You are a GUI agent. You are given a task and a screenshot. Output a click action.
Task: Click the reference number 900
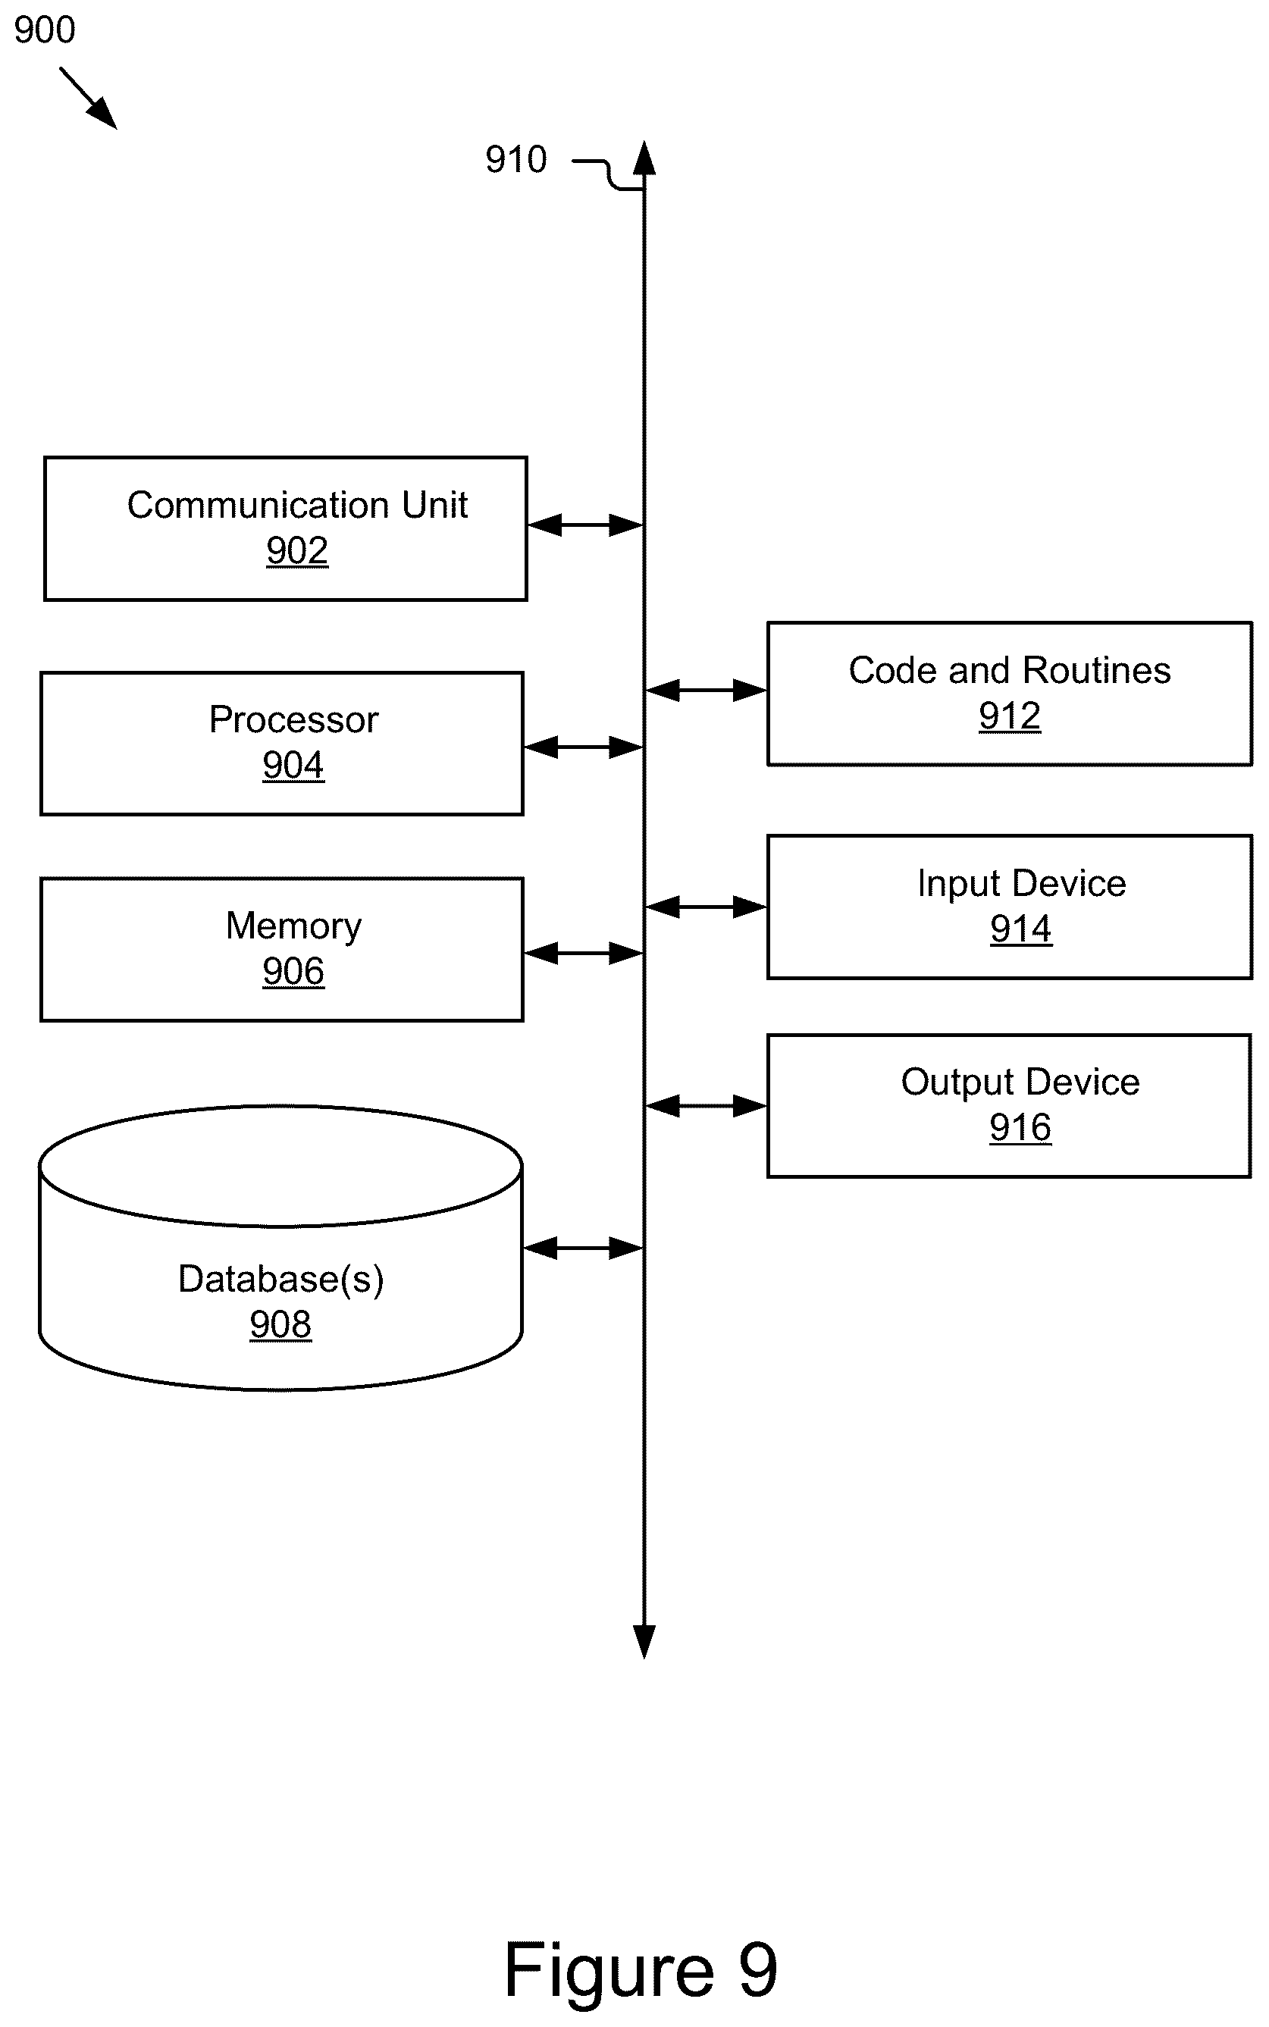pyautogui.click(x=45, y=30)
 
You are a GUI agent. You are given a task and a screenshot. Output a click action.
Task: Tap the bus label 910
pyautogui.click(x=515, y=159)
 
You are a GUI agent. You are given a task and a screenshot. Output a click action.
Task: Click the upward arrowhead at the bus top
pyautogui.click(x=644, y=158)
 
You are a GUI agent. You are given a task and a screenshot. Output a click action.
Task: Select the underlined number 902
pyautogui.click(x=297, y=551)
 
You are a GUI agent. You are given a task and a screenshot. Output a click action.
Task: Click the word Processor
pyautogui.click(x=294, y=720)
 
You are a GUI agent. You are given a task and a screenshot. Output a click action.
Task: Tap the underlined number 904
pyautogui.click(x=293, y=765)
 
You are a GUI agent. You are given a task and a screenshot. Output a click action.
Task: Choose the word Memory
pyautogui.click(x=294, y=926)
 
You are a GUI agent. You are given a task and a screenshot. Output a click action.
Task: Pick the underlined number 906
pyautogui.click(x=293, y=972)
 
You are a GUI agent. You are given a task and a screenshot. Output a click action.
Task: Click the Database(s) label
pyautogui.click(x=281, y=1280)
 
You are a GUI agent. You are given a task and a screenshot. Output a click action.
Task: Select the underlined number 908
pyautogui.click(x=280, y=1325)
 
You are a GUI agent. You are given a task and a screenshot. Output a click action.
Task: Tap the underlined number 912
pyautogui.click(x=1010, y=716)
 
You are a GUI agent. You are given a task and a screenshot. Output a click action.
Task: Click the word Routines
pyautogui.click(x=1097, y=670)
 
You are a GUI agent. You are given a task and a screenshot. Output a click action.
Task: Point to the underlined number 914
pyautogui.click(x=1020, y=929)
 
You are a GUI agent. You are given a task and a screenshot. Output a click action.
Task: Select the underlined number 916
pyautogui.click(x=1020, y=1129)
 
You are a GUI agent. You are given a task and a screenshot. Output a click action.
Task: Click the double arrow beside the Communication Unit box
pyautogui.click(x=585, y=525)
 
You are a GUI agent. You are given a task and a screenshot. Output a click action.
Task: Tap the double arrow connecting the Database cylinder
pyautogui.click(x=582, y=1248)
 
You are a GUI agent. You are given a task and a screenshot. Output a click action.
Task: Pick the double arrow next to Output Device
pyautogui.click(x=706, y=1107)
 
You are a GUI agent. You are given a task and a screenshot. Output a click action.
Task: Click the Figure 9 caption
pyautogui.click(x=641, y=1970)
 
